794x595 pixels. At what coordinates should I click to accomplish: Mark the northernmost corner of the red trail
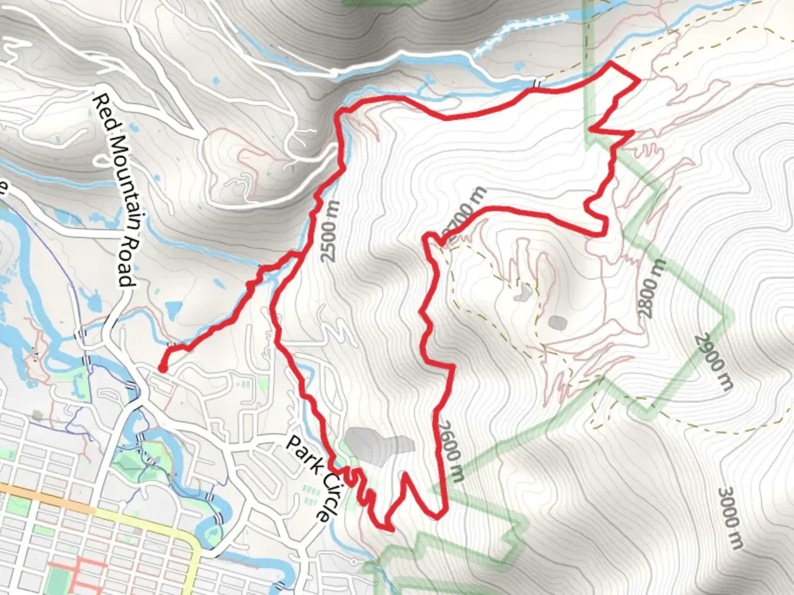611,64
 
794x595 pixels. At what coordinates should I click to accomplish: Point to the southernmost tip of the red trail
390,530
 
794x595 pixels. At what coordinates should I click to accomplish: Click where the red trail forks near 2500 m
298,255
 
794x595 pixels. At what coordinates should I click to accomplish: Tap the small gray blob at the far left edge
37,414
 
